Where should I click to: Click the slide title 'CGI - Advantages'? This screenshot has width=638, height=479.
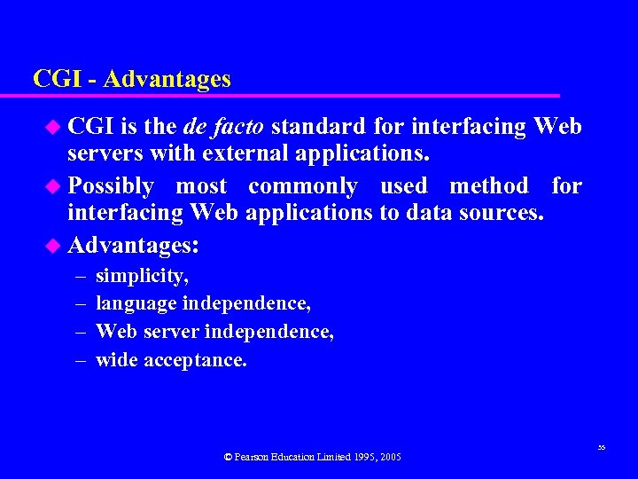point(132,79)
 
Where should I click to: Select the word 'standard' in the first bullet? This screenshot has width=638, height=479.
point(313,127)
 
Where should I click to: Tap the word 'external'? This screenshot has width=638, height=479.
point(246,153)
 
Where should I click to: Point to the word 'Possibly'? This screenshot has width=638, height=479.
point(111,186)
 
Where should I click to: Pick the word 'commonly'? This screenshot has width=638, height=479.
point(302,186)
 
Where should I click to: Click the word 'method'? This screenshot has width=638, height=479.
point(488,186)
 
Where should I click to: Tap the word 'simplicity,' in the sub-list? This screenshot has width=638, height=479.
point(142,276)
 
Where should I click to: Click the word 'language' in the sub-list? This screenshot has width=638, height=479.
point(136,303)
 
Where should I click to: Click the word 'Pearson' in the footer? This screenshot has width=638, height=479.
point(255,457)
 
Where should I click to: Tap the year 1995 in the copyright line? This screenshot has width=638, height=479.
point(363,457)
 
